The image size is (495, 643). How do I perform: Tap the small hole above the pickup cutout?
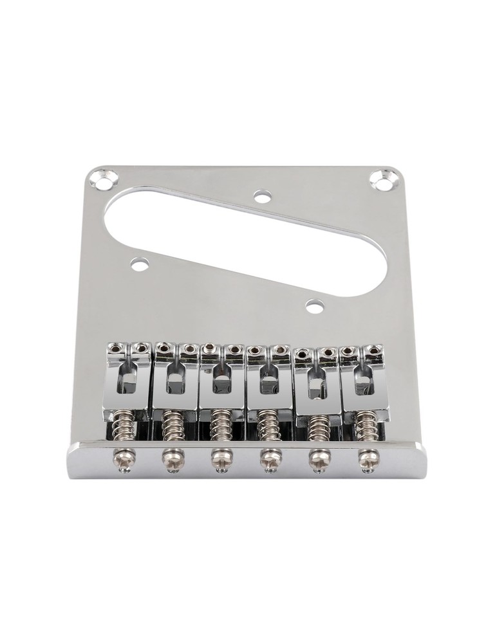pyautogui.click(x=260, y=195)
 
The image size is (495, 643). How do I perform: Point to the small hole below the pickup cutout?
pyautogui.click(x=313, y=306)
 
